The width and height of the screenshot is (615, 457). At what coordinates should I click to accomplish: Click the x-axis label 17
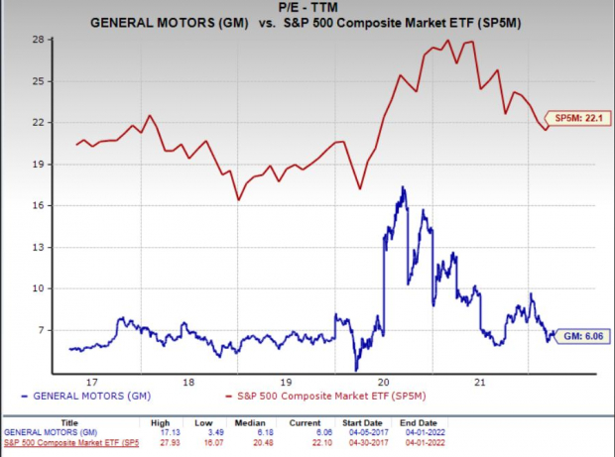click(x=93, y=381)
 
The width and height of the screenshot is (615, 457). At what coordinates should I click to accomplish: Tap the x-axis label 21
click(x=480, y=381)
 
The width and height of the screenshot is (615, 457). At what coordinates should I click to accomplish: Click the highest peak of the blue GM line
click(x=402, y=187)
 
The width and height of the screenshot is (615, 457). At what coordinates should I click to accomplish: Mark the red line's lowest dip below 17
click(x=239, y=200)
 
